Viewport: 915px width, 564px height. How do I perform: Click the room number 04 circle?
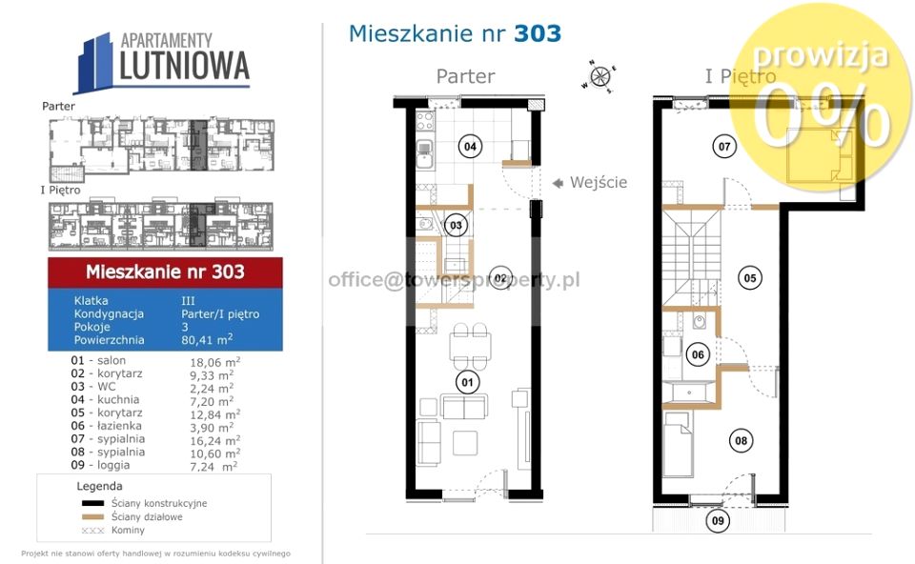(x=469, y=147)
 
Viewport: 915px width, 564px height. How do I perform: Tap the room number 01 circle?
(x=467, y=384)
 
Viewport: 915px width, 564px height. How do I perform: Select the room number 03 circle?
(x=457, y=226)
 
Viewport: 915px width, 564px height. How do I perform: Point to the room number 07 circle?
(x=724, y=147)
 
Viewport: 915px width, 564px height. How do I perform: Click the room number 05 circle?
(x=750, y=278)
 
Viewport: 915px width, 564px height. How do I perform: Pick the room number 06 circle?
(x=698, y=354)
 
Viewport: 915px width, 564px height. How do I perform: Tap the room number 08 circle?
(x=740, y=440)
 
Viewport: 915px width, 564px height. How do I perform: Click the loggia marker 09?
(x=719, y=521)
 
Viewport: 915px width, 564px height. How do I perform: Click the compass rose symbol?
(x=600, y=76)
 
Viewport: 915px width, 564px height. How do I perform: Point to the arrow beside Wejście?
(x=558, y=182)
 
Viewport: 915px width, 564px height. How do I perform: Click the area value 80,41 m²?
(x=207, y=339)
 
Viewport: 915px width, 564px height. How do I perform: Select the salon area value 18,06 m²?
(x=213, y=362)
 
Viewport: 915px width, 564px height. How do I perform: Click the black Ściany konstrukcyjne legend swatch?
(x=92, y=503)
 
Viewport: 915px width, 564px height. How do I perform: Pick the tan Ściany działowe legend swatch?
(x=92, y=516)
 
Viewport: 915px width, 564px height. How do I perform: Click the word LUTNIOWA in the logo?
(x=185, y=67)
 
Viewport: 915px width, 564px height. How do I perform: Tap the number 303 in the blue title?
(x=538, y=33)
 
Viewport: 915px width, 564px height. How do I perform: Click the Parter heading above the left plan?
(x=465, y=76)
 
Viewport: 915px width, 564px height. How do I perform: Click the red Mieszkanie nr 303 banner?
(x=165, y=272)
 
